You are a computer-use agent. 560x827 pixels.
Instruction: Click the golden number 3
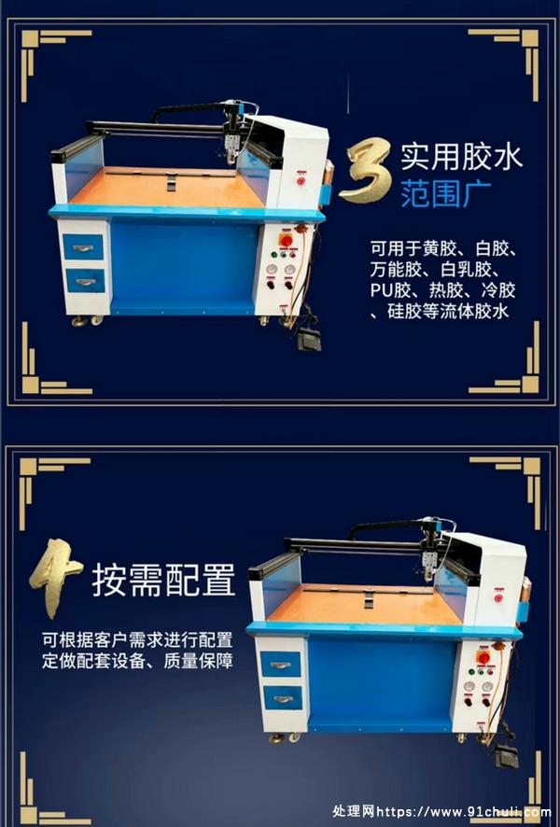tap(366, 170)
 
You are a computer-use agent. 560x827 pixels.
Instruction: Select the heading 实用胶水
tap(461, 157)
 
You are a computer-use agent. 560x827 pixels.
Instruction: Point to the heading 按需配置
tap(163, 581)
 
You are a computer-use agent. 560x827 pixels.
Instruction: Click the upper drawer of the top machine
tap(83, 246)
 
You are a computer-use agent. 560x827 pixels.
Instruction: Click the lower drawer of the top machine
tap(85, 281)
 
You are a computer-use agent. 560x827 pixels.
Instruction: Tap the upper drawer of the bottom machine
tap(281, 664)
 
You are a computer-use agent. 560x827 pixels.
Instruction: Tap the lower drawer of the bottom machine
tap(283, 698)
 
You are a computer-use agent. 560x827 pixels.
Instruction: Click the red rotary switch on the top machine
tap(286, 241)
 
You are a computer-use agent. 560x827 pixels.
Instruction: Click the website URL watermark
tap(464, 812)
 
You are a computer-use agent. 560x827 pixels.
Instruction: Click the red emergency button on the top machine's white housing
tap(301, 181)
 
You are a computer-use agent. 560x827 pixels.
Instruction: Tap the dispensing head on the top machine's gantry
tap(231, 145)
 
